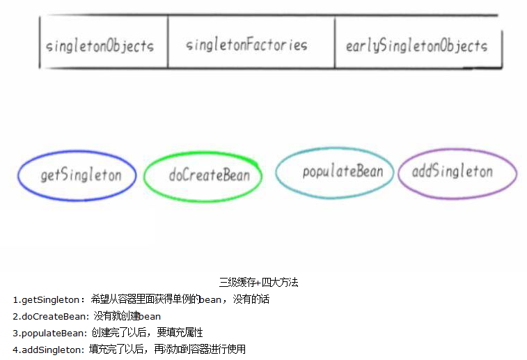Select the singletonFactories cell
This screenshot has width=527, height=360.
pos(246,45)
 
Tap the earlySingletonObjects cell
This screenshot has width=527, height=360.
pos(416,47)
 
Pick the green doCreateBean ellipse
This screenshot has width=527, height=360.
pos(203,175)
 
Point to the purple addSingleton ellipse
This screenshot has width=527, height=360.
pos(457,172)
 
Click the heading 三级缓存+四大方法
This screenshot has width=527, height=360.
pos(259,283)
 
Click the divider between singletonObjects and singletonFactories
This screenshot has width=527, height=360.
pos(168,42)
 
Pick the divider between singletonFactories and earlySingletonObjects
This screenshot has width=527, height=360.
pos(335,43)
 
